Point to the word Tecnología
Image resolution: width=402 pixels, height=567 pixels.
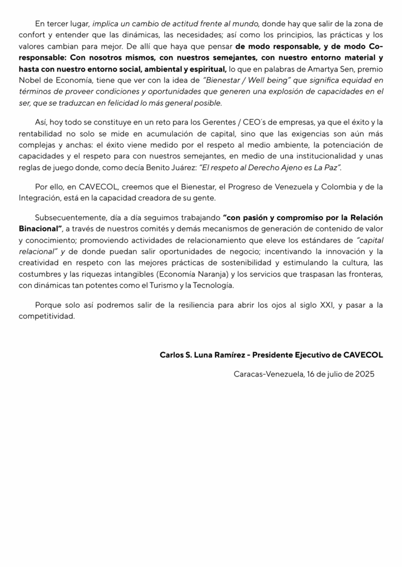(x=211, y=285)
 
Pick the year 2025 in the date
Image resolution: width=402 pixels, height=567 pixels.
(x=364, y=374)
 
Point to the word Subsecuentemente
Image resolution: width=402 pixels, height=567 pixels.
(x=69, y=217)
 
